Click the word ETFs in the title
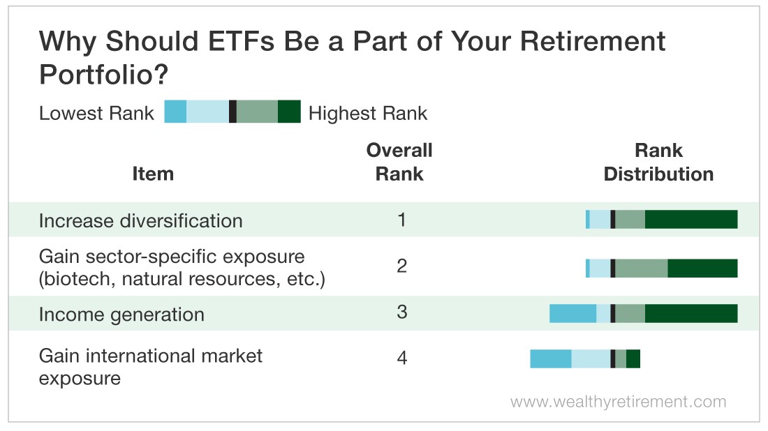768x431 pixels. tap(242, 41)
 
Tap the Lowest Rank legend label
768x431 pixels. tap(96, 113)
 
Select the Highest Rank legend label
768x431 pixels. tap(368, 113)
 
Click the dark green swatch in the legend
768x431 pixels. tap(289, 112)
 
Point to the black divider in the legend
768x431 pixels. tap(232, 112)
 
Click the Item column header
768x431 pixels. tap(153, 174)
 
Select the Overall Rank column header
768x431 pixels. tap(399, 162)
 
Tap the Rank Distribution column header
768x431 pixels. tap(658, 162)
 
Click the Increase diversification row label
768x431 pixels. tap(140, 220)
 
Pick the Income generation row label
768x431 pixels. tap(121, 315)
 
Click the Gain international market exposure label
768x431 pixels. tap(150, 367)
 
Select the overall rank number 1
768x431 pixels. tap(401, 220)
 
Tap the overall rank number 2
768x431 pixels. tap(401, 266)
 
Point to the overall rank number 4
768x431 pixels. tap(402, 358)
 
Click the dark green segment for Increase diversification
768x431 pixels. tap(691, 219)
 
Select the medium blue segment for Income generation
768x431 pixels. tap(573, 314)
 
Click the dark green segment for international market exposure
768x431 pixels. tap(633, 358)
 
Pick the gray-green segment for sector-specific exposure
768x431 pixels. tap(642, 268)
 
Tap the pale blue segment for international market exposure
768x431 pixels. tap(591, 358)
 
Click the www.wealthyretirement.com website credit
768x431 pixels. tap(618, 402)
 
